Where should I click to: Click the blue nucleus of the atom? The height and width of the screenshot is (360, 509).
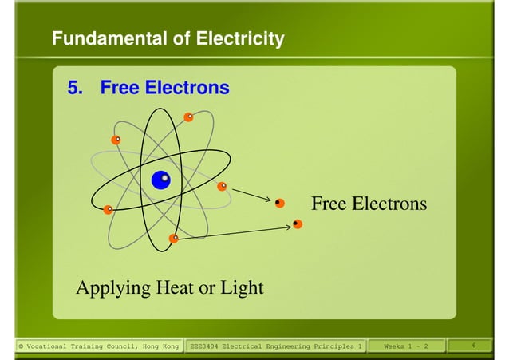[160, 180]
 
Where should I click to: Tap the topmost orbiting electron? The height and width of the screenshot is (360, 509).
[188, 117]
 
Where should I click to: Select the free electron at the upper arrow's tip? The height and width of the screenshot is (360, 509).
[279, 203]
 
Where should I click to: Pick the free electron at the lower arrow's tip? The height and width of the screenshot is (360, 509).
[298, 224]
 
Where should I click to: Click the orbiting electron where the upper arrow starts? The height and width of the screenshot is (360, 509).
[222, 187]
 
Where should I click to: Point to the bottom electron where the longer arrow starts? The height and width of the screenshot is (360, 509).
[173, 238]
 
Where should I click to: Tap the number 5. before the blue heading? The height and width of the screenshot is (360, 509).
[75, 88]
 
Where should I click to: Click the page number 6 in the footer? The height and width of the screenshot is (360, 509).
[474, 346]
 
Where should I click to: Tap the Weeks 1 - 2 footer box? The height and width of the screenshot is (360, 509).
[405, 346]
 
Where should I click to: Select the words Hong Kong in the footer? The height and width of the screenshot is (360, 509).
[160, 346]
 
